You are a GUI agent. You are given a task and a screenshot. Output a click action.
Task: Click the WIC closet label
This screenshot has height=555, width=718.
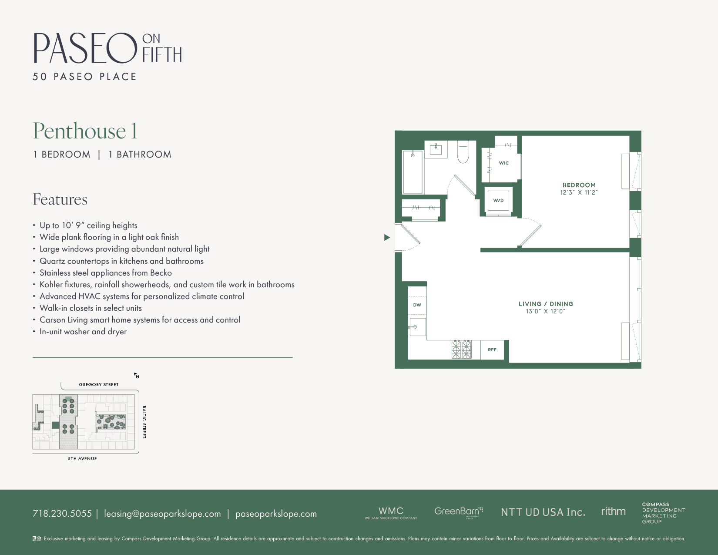503,163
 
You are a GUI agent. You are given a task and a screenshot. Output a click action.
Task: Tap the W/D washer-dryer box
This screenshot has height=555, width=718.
498,201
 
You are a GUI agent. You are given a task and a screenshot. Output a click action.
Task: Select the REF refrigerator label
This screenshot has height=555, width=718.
492,350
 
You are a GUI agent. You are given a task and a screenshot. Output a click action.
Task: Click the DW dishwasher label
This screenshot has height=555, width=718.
417,305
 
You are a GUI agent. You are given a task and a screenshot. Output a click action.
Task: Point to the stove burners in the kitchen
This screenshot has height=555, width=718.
461,349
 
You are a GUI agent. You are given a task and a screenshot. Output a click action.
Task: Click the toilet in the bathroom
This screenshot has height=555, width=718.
463,151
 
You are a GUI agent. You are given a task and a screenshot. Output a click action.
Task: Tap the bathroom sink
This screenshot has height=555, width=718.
436,149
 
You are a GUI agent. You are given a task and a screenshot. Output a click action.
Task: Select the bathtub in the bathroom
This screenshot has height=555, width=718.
413,172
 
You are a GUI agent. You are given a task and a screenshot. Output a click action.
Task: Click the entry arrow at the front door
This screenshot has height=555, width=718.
387,238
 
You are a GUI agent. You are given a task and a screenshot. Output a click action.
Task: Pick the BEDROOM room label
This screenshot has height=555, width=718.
579,185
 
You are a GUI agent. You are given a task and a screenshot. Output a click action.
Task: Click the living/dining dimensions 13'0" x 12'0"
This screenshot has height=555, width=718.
546,312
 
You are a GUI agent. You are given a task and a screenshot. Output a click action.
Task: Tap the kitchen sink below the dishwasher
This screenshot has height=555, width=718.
417,327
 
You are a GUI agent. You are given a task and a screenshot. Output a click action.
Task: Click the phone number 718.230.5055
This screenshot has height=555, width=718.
62,514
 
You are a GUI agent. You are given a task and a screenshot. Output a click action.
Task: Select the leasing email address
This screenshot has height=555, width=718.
162,514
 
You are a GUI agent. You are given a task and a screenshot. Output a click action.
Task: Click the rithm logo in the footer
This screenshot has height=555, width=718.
613,511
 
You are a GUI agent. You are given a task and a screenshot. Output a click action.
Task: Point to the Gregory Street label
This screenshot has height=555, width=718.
99,385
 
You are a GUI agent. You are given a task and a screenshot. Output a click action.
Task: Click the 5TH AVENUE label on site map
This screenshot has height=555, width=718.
82,459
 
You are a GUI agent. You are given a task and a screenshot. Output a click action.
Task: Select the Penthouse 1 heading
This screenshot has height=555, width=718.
85,131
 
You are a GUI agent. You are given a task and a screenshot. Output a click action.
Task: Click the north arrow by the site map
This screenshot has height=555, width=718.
136,375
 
